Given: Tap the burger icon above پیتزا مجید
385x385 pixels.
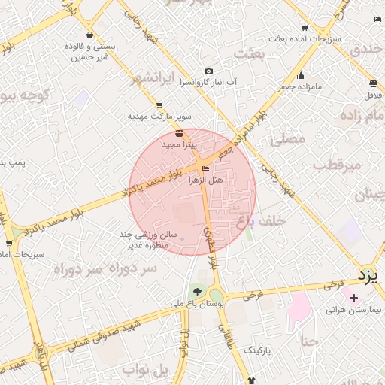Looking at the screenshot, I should coord(179,132).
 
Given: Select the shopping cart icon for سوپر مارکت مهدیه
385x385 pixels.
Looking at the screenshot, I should coord(159,106).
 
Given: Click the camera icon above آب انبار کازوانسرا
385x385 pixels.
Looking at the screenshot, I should coord(208,71).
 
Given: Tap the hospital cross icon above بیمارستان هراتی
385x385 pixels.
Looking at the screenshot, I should coord(354,299).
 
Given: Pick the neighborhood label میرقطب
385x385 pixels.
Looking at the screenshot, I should coord(337,163).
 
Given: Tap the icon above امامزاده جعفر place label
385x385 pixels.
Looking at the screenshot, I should coord(301,75).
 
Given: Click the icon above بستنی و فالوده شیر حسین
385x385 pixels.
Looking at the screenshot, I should coord(89,35).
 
